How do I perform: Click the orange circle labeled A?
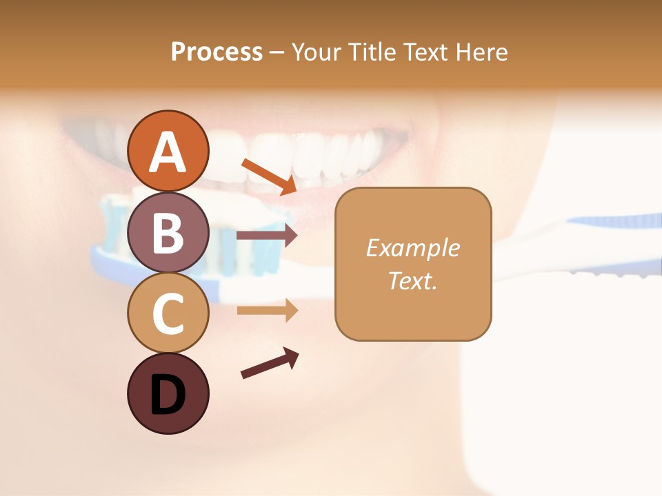tap(168, 151)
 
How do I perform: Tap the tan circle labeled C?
tap(168, 313)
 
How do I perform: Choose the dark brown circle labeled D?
tap(168, 393)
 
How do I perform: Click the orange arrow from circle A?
tap(269, 176)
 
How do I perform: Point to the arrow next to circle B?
tap(266, 236)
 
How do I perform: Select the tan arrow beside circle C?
tap(266, 311)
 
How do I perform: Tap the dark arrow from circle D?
tap(270, 364)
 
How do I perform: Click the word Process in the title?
tap(217, 52)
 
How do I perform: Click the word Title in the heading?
tap(370, 52)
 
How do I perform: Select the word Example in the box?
tap(412, 248)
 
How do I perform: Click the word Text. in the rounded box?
tap(412, 281)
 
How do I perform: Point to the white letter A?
tap(168, 152)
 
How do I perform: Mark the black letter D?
tap(168, 395)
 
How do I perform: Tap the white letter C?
tap(168, 314)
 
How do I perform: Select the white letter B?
tap(168, 234)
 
